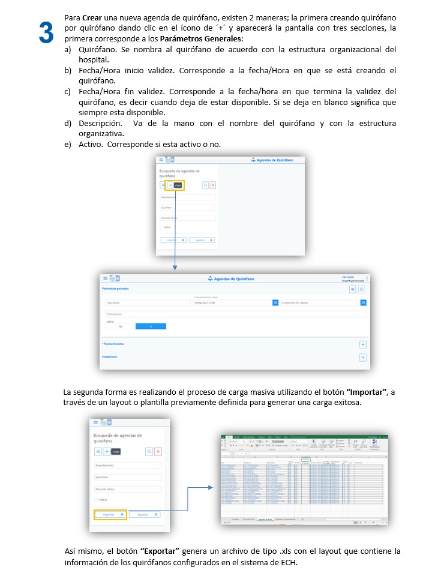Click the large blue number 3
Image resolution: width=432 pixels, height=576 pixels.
[46, 32]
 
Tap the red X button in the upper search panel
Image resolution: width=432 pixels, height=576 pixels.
[212, 185]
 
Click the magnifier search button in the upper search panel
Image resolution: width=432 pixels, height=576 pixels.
[205, 185]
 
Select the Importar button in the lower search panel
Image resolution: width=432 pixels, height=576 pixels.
[110, 514]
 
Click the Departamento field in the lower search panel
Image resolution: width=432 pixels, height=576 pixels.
[128, 465]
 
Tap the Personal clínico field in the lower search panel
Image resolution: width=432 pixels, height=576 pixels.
[128, 489]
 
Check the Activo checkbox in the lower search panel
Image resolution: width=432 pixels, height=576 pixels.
[96, 500]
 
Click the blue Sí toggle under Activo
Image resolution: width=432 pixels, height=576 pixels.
[151, 326]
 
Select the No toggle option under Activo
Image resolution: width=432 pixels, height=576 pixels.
[120, 326]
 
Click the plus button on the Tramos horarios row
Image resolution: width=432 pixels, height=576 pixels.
[362, 344]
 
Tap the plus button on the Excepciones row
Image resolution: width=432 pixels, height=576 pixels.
[362, 357]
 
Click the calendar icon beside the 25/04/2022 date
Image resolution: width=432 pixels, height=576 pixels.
[275, 303]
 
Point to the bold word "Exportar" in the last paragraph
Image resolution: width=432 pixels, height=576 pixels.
[160, 551]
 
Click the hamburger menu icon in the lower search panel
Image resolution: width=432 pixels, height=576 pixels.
[95, 423]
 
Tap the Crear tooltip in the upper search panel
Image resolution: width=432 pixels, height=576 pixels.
[178, 185]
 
